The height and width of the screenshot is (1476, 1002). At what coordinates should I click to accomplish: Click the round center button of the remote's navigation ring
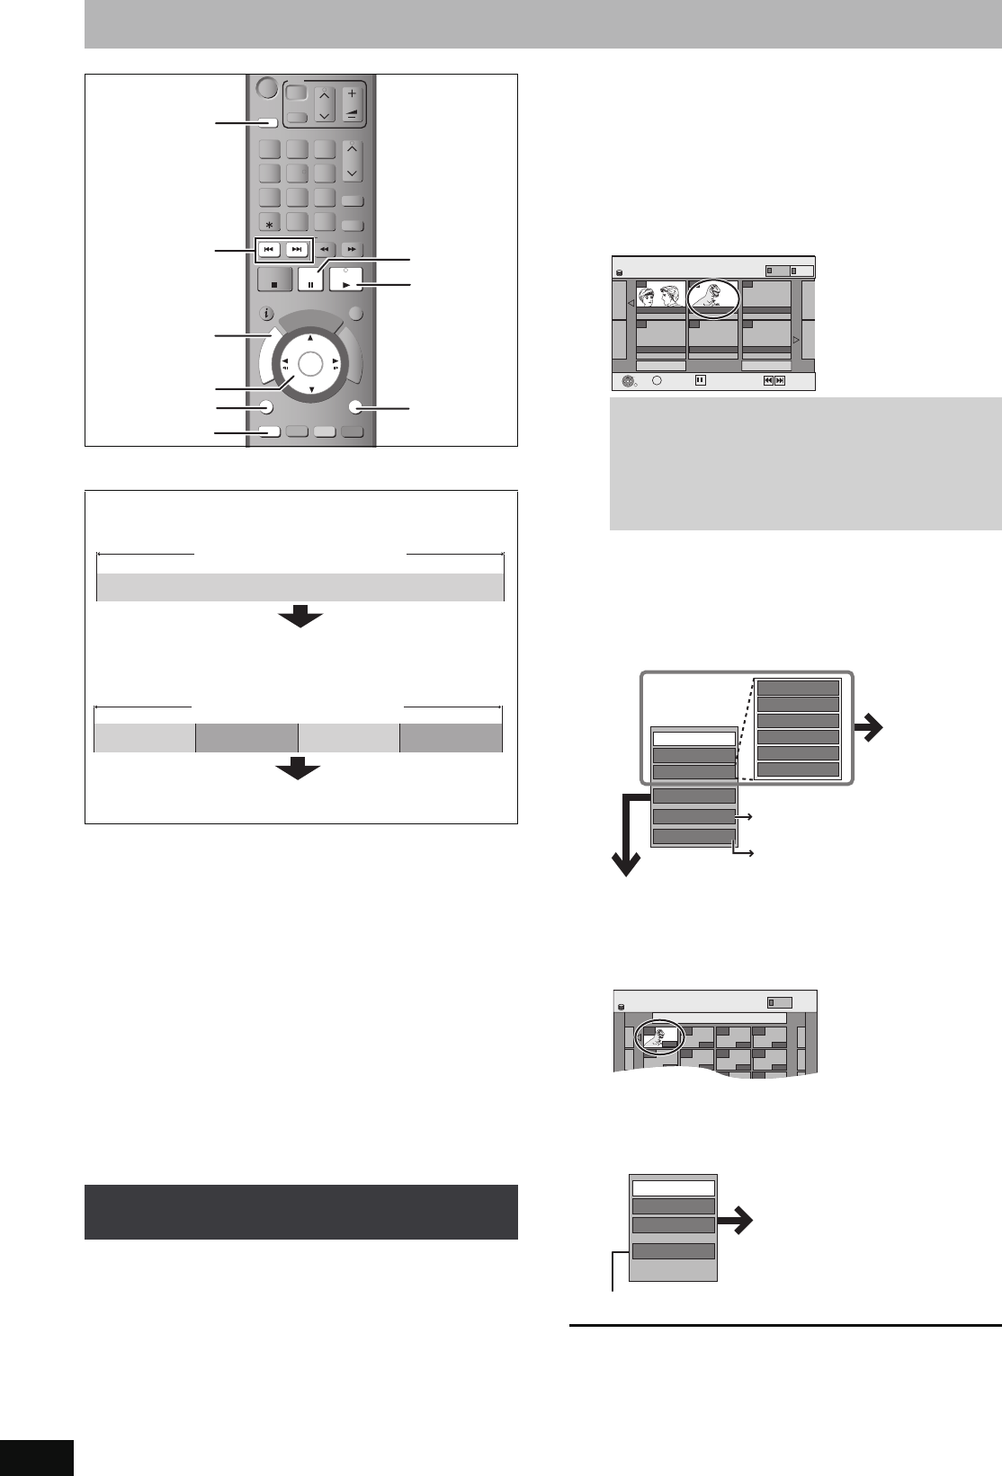309,363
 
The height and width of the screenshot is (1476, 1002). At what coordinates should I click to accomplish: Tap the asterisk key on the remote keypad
269,222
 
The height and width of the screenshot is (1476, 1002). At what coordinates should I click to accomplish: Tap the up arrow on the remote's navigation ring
309,338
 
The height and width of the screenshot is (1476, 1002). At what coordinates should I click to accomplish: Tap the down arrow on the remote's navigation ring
309,389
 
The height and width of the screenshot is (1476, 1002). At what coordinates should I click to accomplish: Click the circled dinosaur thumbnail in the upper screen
712,298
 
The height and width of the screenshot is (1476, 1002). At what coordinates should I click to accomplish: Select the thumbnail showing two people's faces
661,298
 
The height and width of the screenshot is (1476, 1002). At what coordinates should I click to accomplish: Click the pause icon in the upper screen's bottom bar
701,380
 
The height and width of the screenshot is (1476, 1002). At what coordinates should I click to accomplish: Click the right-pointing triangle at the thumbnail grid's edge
796,340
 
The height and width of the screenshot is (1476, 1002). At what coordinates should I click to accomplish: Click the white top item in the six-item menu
693,739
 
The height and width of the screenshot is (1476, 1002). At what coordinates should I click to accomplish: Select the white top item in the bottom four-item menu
674,1188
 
